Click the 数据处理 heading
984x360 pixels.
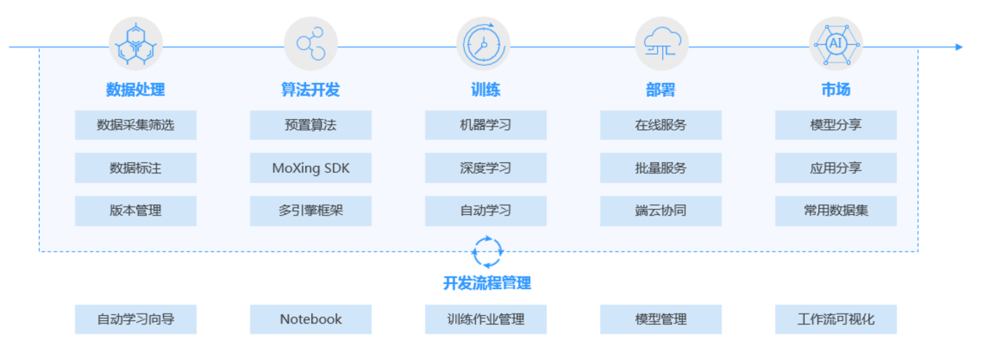coord(135,89)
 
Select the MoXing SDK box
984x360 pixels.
coord(310,168)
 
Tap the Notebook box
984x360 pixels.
coord(310,319)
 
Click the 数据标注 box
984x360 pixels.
coord(135,168)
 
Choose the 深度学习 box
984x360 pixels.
coord(485,168)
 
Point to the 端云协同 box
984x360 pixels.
coord(660,210)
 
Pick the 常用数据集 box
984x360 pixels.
coord(836,210)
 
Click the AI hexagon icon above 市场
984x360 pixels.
coord(836,44)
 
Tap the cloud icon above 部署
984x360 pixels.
coord(661,44)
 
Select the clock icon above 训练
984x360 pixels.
coord(483,44)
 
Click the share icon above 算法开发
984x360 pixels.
coord(311,44)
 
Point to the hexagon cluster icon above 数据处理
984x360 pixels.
coord(136,44)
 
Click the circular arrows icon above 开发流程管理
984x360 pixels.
coord(487,252)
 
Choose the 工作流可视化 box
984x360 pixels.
coord(836,319)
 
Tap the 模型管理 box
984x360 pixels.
coord(660,319)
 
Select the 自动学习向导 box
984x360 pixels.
coord(135,319)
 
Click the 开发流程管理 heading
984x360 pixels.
coord(487,283)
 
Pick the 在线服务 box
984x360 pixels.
coord(660,125)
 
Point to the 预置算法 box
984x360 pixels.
coord(310,125)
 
